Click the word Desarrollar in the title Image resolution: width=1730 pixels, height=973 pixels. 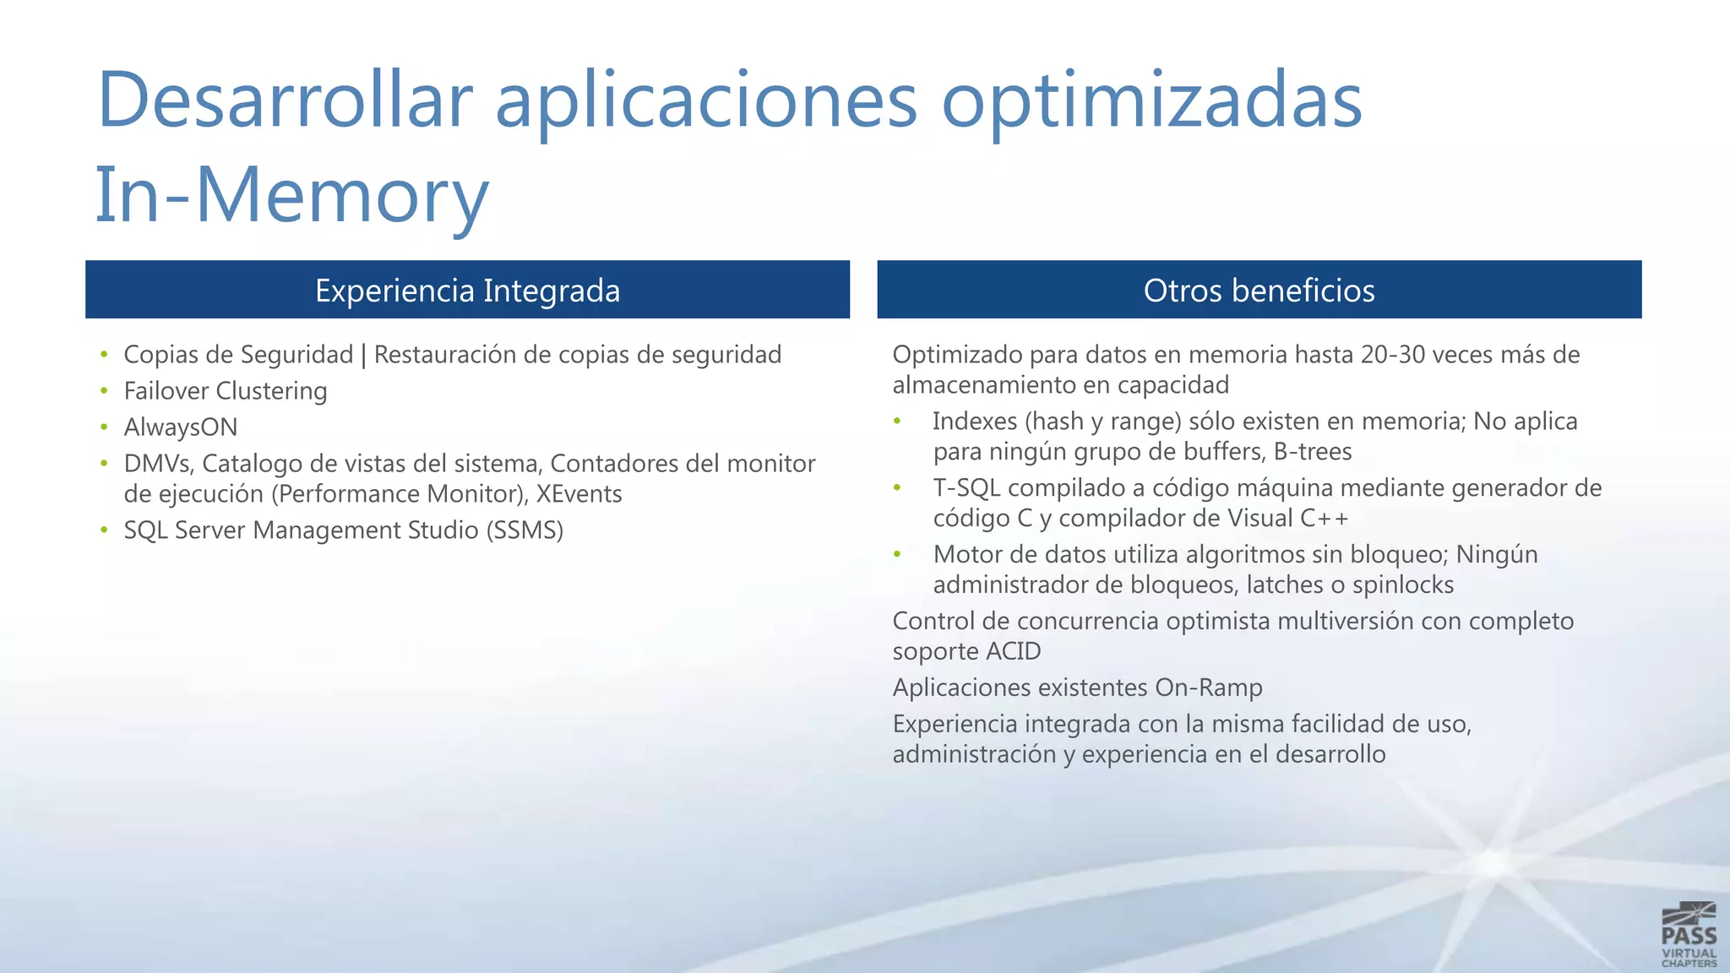(x=285, y=100)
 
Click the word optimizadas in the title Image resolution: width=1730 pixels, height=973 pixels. (x=1151, y=100)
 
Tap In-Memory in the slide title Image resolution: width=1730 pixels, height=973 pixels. (x=291, y=195)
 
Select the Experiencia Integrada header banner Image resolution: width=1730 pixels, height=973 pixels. (x=467, y=290)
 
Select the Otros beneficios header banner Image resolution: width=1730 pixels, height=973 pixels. (x=1259, y=290)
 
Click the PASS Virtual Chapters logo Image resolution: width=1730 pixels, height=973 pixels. (x=1689, y=934)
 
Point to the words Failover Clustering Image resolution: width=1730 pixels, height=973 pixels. (x=226, y=391)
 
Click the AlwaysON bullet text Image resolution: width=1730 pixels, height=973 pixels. (x=181, y=427)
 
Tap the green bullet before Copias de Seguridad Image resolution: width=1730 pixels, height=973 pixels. (x=104, y=355)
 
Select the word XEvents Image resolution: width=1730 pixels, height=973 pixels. (x=579, y=494)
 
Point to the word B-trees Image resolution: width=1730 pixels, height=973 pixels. (x=1312, y=452)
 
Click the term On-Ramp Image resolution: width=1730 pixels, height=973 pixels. (x=1208, y=688)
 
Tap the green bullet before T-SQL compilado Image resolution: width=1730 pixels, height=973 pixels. (x=898, y=488)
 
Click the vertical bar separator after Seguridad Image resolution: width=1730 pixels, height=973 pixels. (x=364, y=356)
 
